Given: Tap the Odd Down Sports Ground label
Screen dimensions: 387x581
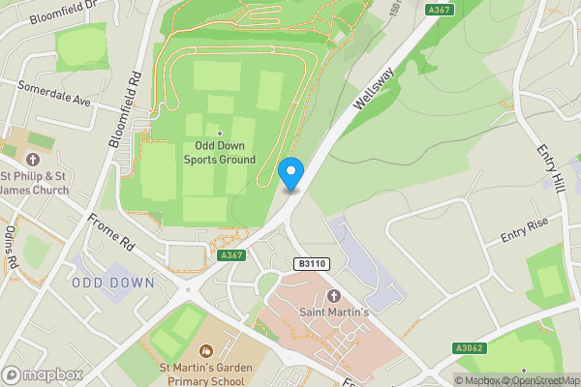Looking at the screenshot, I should click(220, 153).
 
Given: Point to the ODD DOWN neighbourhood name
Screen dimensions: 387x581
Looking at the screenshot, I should click(113, 283).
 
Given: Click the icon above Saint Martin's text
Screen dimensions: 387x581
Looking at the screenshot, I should click(334, 295).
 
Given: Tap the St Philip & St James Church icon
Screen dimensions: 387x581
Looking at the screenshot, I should click(33, 160).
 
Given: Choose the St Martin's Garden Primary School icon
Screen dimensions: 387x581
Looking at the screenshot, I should click(205, 350).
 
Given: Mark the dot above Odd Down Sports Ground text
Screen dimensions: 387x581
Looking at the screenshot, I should click(220, 133).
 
